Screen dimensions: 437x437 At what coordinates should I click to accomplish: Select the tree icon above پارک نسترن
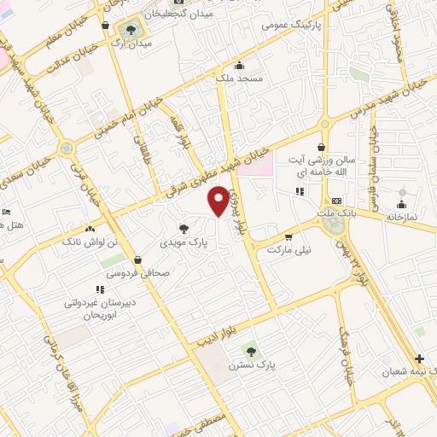[250, 351]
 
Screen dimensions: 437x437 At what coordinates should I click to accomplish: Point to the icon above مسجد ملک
[238, 66]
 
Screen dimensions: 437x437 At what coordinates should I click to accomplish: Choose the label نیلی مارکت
[290, 251]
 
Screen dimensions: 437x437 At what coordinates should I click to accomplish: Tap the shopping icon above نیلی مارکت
[288, 237]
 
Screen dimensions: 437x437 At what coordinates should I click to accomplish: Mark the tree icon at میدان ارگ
[131, 30]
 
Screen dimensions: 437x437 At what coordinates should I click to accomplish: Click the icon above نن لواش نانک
[90, 229]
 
